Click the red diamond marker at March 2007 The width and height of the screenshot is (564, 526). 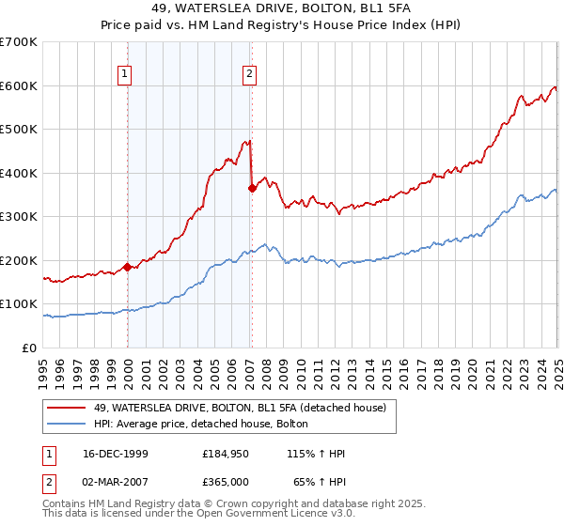coord(252,189)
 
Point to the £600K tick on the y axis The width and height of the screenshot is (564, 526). coord(19,85)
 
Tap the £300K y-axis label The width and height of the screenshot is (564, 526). coord(19,217)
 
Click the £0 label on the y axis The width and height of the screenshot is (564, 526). coord(30,348)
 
